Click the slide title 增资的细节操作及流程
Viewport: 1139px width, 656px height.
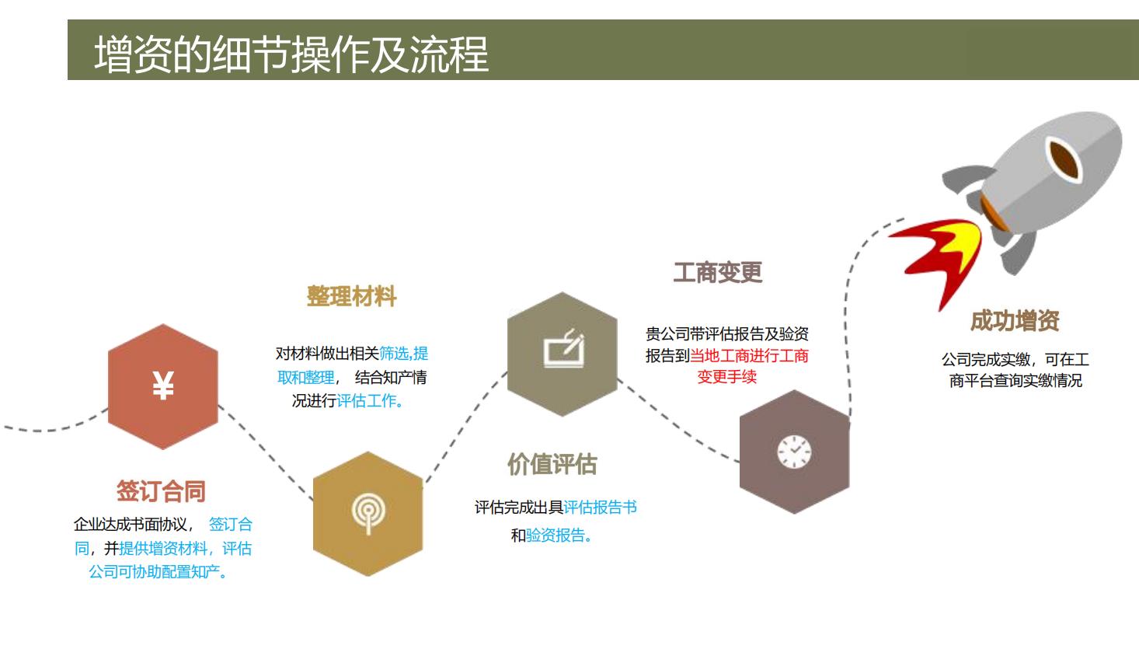coord(291,54)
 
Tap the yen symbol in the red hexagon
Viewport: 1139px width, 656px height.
coord(163,386)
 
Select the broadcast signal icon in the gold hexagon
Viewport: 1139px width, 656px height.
coord(368,513)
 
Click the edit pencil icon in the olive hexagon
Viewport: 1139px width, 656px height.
coord(564,348)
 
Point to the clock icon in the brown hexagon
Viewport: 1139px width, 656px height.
coord(794,452)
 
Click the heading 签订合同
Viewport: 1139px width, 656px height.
coord(161,491)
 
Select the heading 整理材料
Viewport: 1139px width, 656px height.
coord(351,296)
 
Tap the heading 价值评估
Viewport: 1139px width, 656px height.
coord(552,464)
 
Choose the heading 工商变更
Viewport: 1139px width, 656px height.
coord(717,273)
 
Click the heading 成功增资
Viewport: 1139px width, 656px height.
coord(1015,321)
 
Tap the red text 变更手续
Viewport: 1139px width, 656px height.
coord(726,377)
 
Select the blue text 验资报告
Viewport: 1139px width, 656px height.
coord(556,535)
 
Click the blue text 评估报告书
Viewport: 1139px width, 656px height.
coord(600,507)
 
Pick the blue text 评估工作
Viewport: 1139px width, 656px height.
coord(367,401)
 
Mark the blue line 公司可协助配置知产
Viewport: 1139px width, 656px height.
coord(155,571)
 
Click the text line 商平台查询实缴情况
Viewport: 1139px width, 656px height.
coord(1015,380)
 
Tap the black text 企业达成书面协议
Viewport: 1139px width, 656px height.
coord(131,524)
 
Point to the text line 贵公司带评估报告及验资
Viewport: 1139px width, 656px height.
coord(726,333)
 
